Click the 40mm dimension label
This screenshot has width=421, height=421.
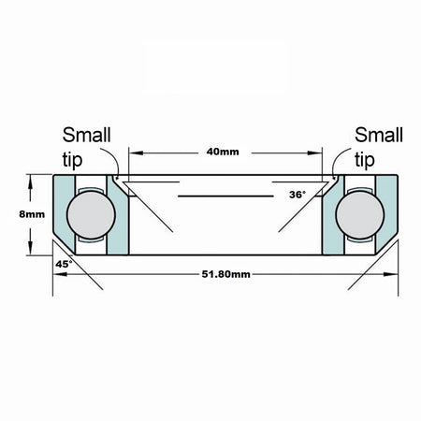(x=223, y=152)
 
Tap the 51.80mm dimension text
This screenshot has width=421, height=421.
(x=226, y=274)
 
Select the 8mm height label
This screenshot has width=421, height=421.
(x=32, y=214)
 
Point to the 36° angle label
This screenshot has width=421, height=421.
(x=298, y=195)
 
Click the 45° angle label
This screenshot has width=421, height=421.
(x=64, y=264)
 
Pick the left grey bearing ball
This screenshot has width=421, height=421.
(x=91, y=215)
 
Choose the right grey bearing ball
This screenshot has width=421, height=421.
(x=360, y=215)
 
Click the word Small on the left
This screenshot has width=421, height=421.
(x=86, y=135)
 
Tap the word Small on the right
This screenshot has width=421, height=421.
(x=379, y=135)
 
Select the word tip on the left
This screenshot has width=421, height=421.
(x=72, y=160)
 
